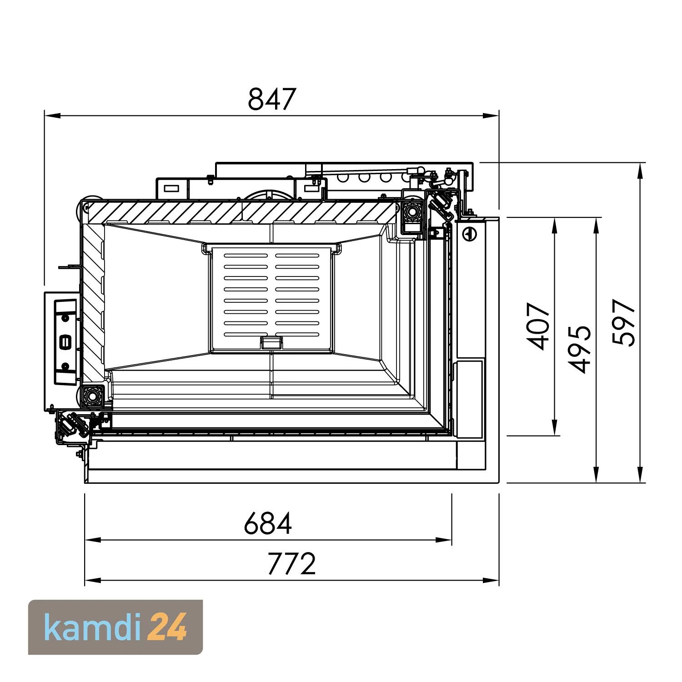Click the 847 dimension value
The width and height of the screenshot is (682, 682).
(x=271, y=99)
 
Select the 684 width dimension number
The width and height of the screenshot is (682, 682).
(x=267, y=523)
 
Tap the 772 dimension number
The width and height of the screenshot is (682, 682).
(x=291, y=564)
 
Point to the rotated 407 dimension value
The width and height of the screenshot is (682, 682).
(x=540, y=326)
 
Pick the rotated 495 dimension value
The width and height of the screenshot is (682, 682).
(x=580, y=349)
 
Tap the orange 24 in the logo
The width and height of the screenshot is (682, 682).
(x=168, y=627)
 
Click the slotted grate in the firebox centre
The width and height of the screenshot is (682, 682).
(x=271, y=299)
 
